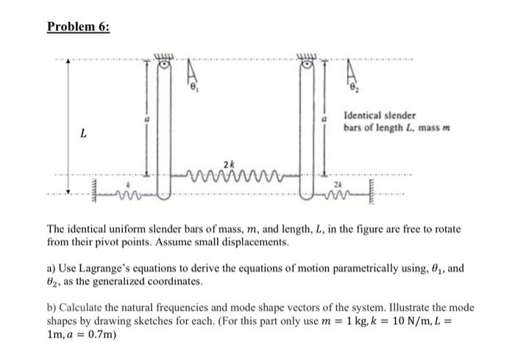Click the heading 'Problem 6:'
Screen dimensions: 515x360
[x=78, y=27]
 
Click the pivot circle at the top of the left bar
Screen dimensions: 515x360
[x=166, y=65]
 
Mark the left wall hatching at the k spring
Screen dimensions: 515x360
[x=95, y=193]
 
